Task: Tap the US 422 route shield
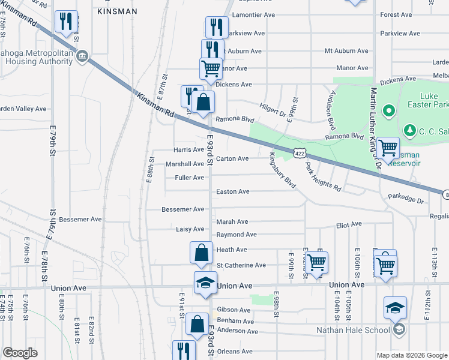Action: pos(298,154)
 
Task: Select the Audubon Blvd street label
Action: pos(331,110)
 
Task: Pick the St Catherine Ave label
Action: pos(241,265)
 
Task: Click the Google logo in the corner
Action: pos(20,353)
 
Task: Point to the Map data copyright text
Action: pos(412,355)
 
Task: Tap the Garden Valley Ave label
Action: pos(23,109)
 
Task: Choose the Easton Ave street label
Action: pos(232,192)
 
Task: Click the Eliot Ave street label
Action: pos(348,224)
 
